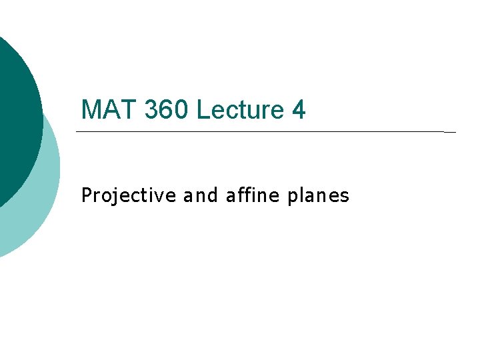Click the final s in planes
[x=345, y=197]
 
